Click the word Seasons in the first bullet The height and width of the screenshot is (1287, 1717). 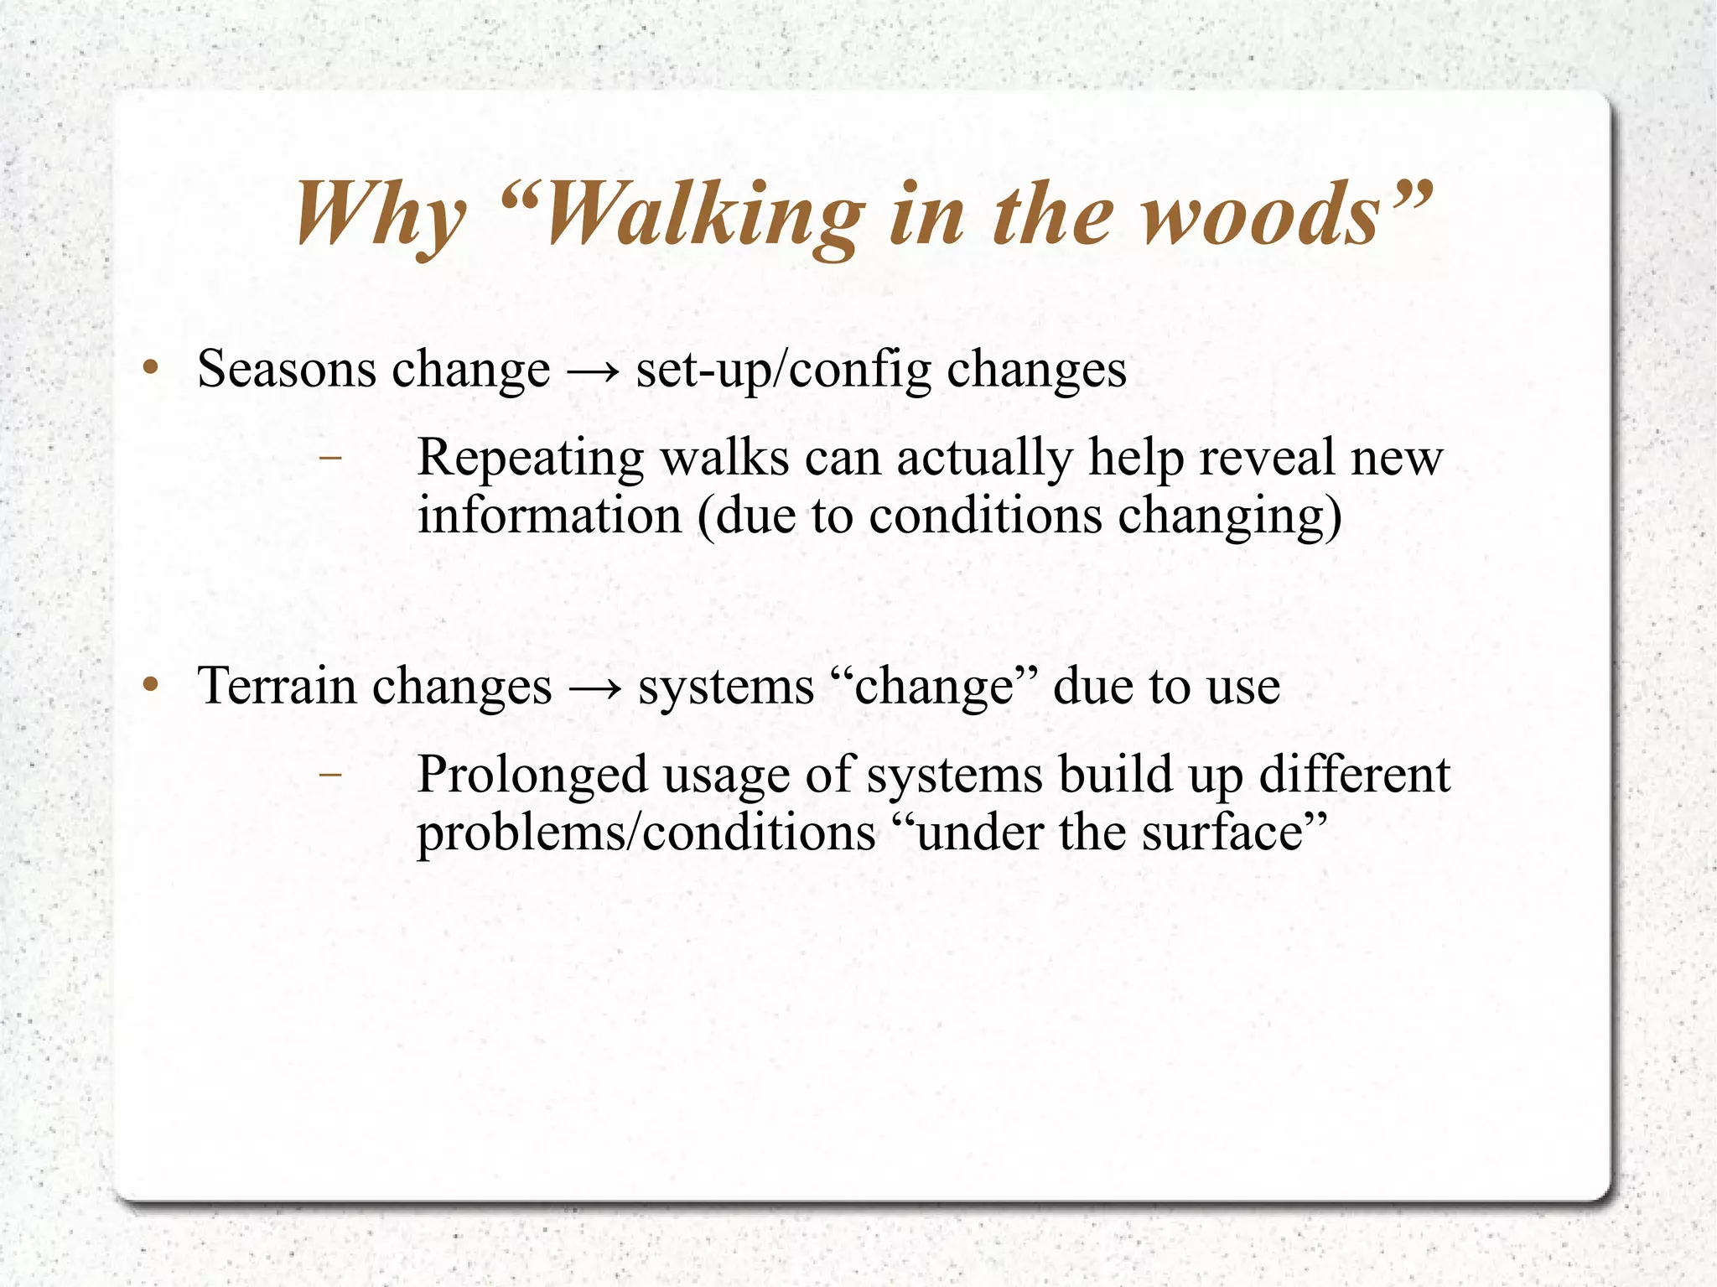tap(287, 369)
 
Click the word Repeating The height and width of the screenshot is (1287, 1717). tap(531, 459)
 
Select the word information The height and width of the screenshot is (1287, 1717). tap(549, 515)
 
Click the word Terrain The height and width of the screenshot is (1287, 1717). tap(277, 686)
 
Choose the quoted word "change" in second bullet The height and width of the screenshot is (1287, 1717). tap(945, 686)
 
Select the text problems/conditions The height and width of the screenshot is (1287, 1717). tap(646, 833)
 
